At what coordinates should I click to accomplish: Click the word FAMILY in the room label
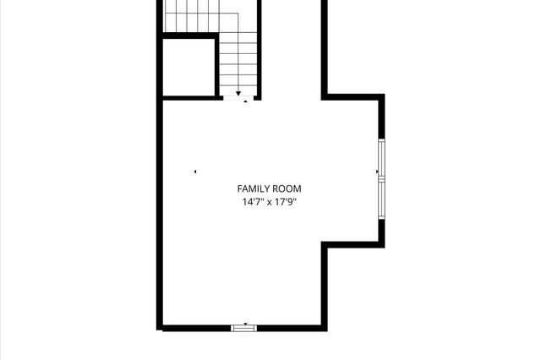click(x=254, y=189)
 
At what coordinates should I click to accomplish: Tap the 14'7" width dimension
click(x=253, y=203)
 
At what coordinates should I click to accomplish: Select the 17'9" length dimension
click(x=285, y=203)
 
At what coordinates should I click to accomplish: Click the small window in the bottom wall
click(x=244, y=327)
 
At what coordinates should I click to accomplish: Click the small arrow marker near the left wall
click(x=195, y=172)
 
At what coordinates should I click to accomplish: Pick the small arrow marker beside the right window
click(x=377, y=172)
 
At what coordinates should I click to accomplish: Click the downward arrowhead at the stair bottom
click(x=239, y=93)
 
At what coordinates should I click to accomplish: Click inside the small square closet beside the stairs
click(x=187, y=68)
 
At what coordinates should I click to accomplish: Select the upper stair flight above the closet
click(x=190, y=16)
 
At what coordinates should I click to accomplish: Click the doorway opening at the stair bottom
click(x=237, y=98)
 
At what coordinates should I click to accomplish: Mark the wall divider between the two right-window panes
click(x=381, y=178)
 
